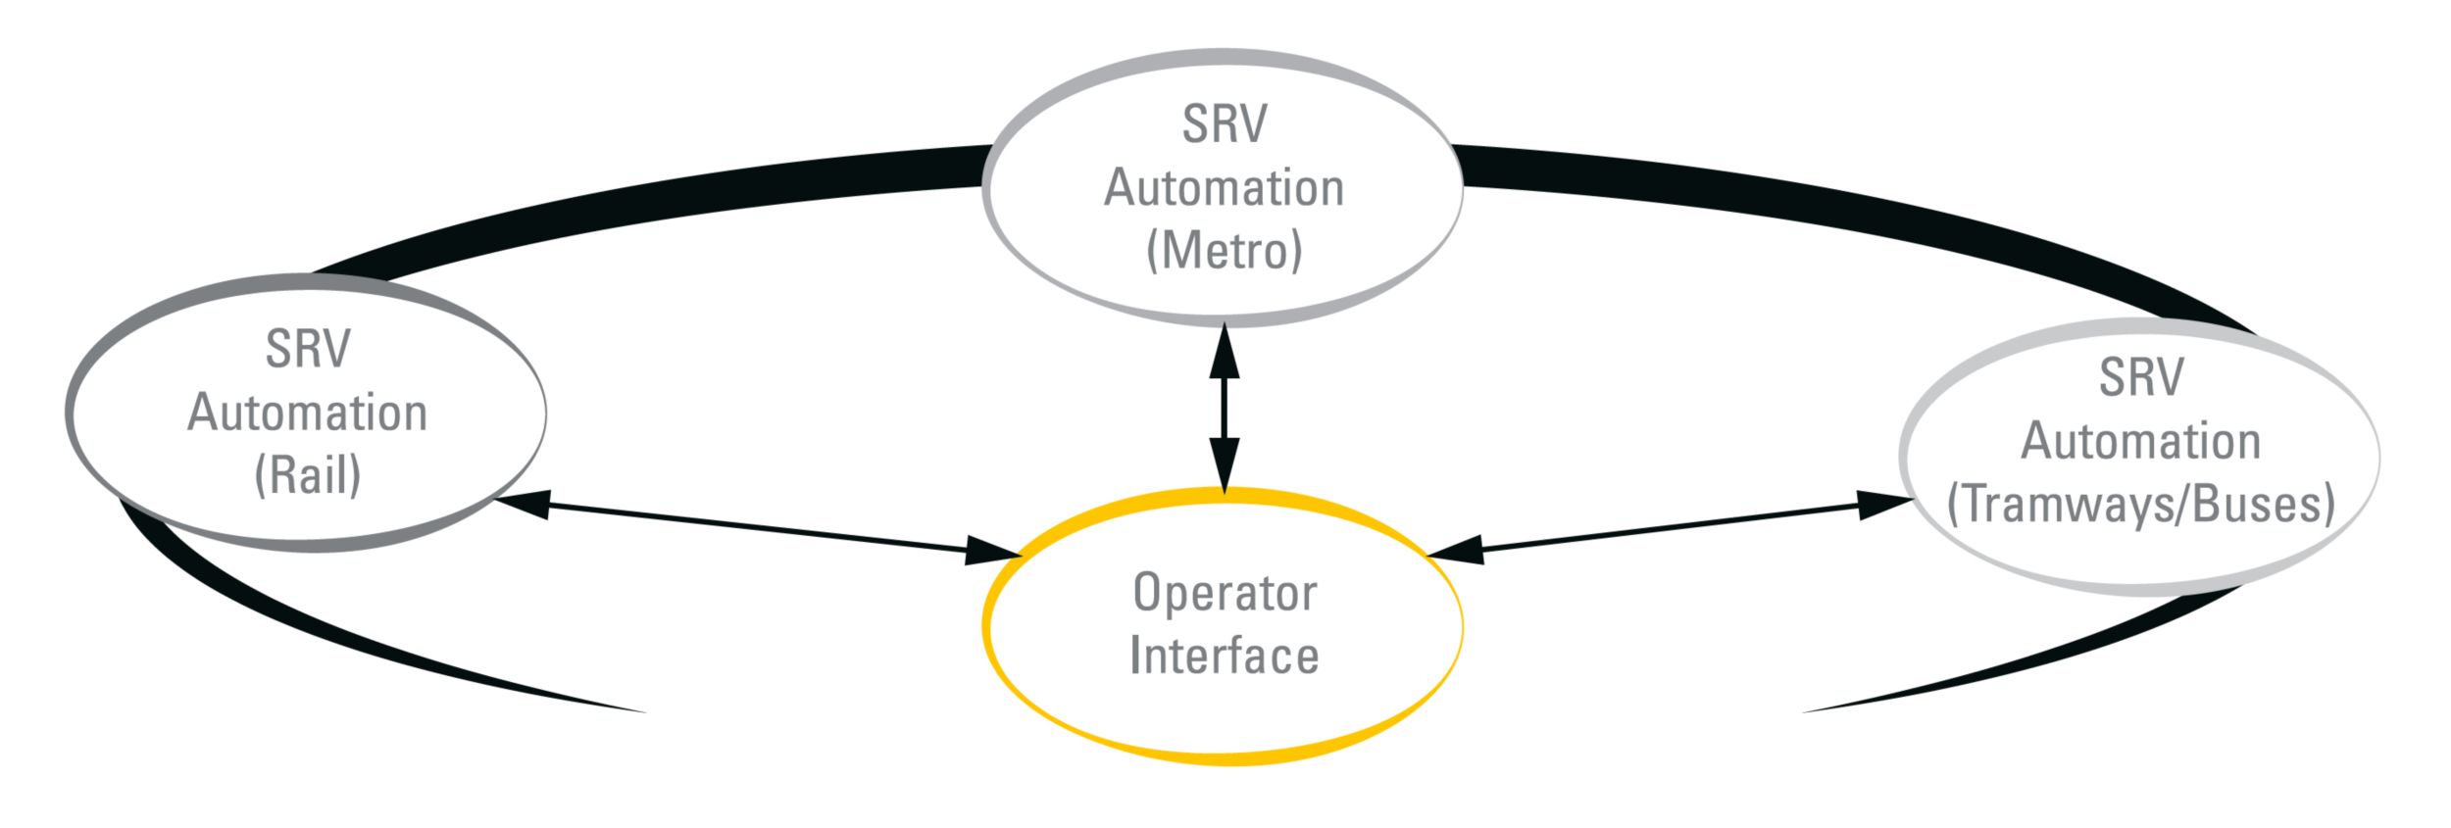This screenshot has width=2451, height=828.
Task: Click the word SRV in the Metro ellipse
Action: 1225,124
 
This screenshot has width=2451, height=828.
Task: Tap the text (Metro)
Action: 1225,251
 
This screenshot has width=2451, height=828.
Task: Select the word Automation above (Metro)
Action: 1225,188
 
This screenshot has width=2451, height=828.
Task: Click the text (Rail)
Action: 308,475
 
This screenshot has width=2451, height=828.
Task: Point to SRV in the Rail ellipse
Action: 308,350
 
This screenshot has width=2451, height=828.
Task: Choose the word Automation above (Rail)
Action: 308,413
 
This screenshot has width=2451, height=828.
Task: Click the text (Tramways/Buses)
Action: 2141,505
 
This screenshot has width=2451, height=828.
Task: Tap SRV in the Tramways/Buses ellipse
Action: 2141,378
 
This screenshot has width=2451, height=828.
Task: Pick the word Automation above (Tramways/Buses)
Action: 2141,442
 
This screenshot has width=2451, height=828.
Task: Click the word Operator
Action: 1225,593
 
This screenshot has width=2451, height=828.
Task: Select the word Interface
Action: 1225,656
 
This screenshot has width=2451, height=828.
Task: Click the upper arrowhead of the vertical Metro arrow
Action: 1224,353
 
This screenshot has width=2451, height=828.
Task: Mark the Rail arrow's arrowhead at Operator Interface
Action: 992,551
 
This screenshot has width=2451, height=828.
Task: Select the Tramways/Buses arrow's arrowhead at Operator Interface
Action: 1456,551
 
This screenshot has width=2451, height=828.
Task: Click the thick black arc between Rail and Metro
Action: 637,206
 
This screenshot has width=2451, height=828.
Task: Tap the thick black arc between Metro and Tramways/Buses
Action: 1814,206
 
